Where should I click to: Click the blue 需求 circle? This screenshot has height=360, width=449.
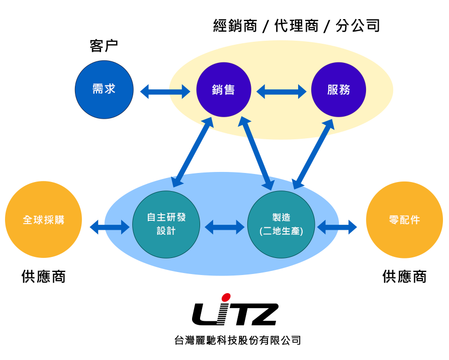point(104,89)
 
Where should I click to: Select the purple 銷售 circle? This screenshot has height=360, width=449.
point(224,89)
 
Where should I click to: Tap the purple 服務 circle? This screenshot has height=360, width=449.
point(338,89)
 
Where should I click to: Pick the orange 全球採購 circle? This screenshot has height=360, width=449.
point(43,220)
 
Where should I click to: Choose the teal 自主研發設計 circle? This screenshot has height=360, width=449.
point(166,224)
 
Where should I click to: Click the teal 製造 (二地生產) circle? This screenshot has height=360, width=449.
point(281,224)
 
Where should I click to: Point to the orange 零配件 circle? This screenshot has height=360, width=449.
point(404,220)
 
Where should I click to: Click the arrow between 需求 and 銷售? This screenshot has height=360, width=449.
point(165,92)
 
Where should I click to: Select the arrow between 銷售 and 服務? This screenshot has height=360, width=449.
point(281,92)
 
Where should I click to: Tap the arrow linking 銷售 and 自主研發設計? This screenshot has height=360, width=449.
point(193,152)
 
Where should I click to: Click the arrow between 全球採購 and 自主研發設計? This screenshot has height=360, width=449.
point(110,227)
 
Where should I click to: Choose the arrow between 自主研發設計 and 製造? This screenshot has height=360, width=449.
point(224,227)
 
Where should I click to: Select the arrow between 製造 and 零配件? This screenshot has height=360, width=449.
point(337,227)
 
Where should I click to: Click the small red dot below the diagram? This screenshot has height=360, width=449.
point(226,297)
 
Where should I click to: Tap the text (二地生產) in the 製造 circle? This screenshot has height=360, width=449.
point(281,231)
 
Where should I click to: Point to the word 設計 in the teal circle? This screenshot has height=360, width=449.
point(166,231)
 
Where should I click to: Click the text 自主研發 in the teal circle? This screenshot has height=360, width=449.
point(166,217)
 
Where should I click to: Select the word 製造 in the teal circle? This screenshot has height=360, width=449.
point(281,218)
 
